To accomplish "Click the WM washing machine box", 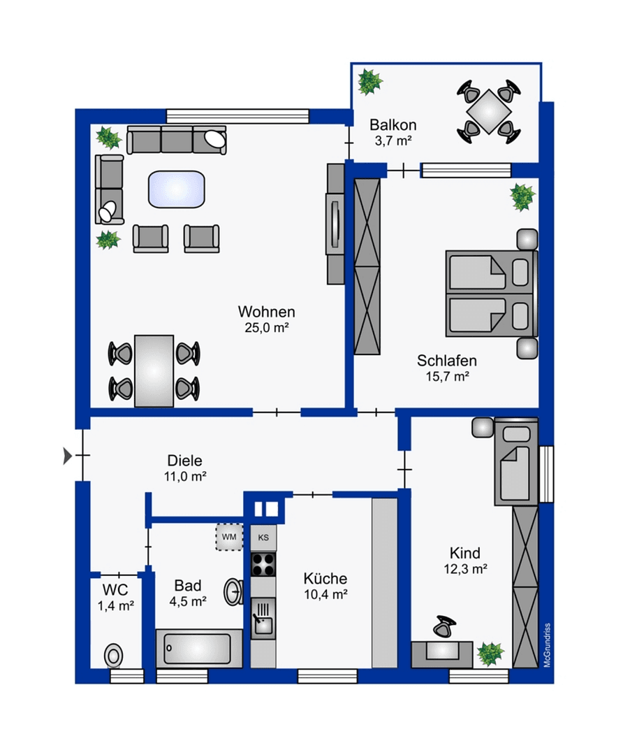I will point(228,536).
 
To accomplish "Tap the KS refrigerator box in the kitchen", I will point(263,538).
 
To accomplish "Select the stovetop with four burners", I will point(263,563).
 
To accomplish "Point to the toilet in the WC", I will point(113,656).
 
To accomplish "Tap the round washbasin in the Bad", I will point(233,591).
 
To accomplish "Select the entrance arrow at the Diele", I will point(67,456).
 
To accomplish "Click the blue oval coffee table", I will point(177,189).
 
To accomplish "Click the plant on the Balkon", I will point(369,82).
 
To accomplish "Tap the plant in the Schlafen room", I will point(522,197).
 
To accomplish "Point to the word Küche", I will point(325,579).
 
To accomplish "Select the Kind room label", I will point(464,553).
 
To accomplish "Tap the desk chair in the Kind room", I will point(442,626).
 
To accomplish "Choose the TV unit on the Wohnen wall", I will point(335,223).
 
